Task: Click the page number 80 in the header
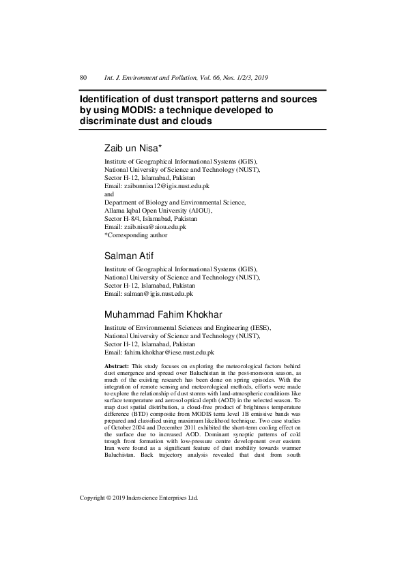[x=84, y=78]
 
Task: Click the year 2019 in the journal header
[x=266, y=78]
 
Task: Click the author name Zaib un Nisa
[x=131, y=148]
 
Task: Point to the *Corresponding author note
[x=136, y=235]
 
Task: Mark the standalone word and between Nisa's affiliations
[x=109, y=194]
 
